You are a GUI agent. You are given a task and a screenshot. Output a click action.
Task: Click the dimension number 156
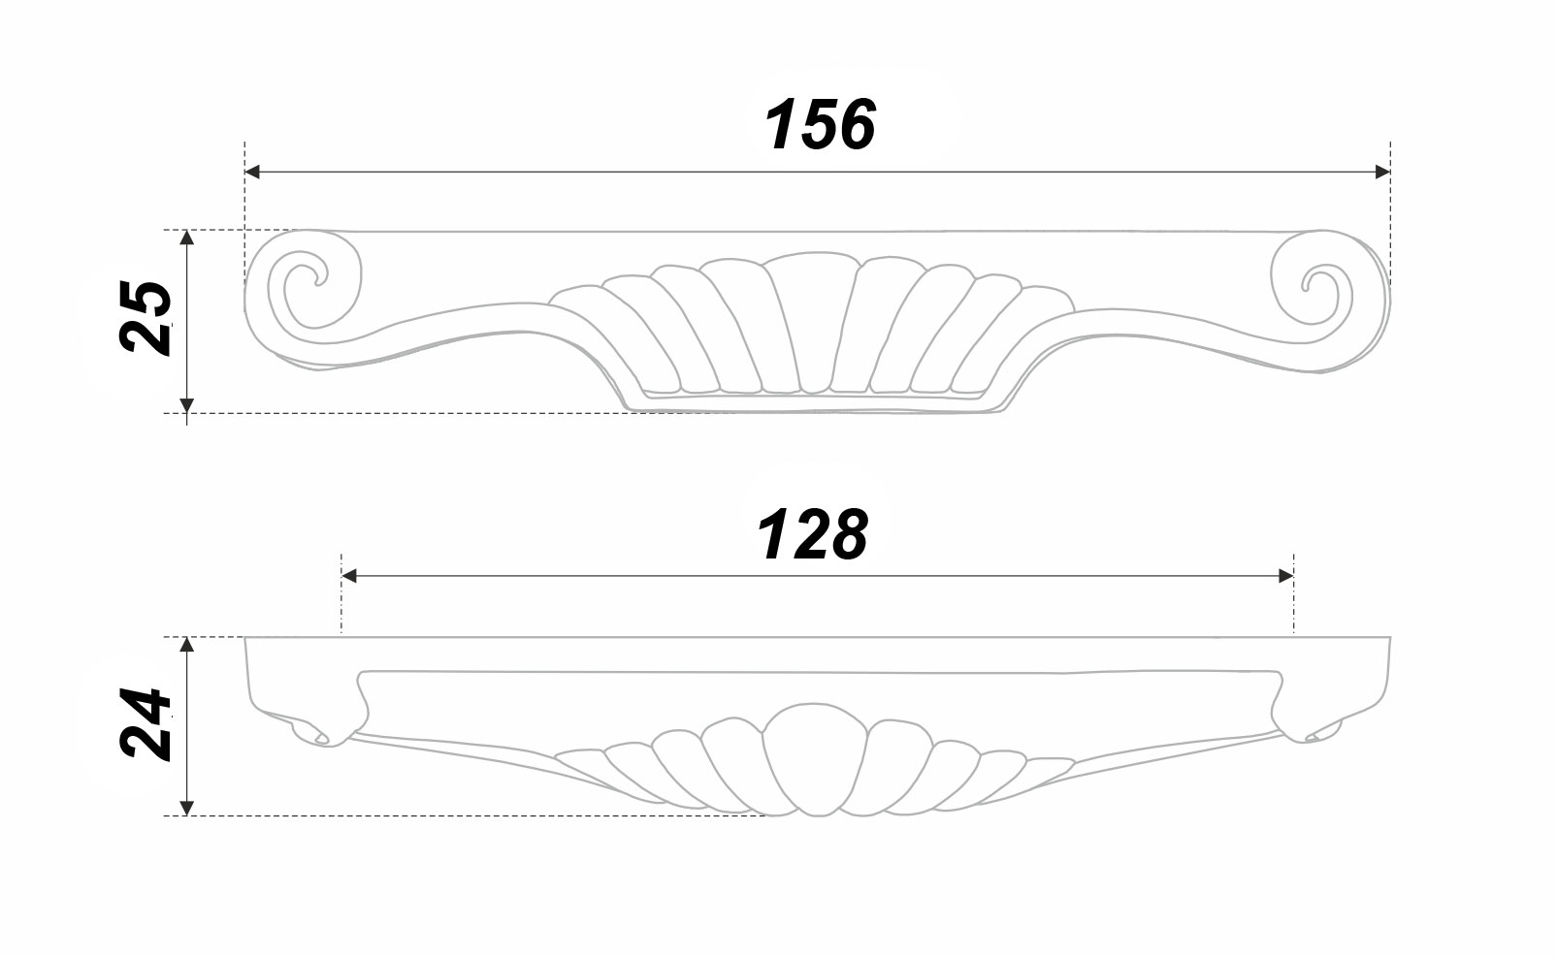[820, 125]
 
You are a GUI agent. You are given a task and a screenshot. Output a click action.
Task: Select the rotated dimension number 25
[146, 318]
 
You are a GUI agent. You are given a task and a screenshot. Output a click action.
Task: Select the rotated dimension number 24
[146, 724]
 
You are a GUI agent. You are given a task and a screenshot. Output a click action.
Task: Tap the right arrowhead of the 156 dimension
[1381, 172]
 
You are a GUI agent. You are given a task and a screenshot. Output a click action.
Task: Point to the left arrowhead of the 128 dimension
[349, 575]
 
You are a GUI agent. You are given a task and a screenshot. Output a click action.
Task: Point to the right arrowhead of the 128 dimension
[1285, 575]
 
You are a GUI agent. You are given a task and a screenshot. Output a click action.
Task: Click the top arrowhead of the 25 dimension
[186, 238]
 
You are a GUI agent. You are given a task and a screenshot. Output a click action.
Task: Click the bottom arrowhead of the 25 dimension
[186, 405]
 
